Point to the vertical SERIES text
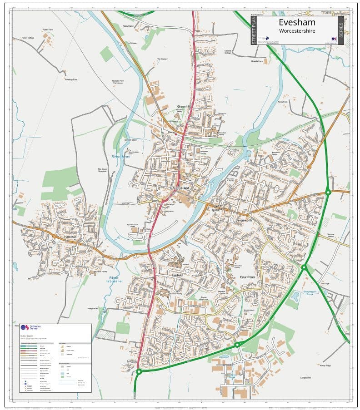[340, 30]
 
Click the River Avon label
[120, 156]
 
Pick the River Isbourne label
[114, 279]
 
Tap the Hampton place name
[70, 237]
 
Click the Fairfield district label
[177, 275]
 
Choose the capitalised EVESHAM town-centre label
[180, 188]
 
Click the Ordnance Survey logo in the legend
[25, 327]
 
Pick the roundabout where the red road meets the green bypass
[139, 371]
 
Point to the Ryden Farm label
[47, 30]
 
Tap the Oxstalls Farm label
[258, 61]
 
